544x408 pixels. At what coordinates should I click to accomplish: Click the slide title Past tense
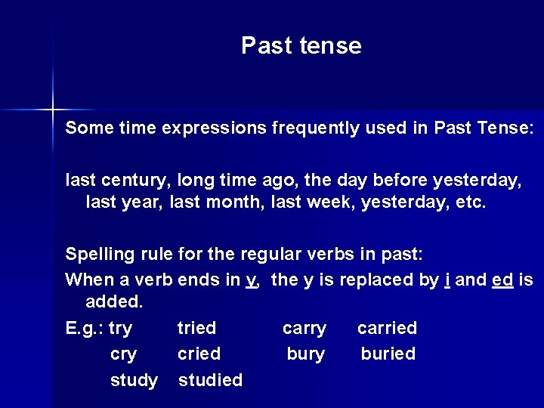tap(301, 46)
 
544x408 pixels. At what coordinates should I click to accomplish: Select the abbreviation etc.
tap(471, 202)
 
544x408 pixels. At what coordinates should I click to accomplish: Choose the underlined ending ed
tap(502, 280)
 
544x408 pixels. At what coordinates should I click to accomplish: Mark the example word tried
tap(196, 328)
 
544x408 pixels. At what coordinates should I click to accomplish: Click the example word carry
tap(304, 328)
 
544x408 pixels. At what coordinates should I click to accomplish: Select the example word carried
tap(387, 328)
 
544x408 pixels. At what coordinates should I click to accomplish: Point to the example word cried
tap(199, 354)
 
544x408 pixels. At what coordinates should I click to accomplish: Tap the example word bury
tap(306, 354)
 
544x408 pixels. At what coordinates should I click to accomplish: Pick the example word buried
tap(388, 354)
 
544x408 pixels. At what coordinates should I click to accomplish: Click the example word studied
tap(210, 379)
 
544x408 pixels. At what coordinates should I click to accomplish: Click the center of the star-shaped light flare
tap(53, 110)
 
